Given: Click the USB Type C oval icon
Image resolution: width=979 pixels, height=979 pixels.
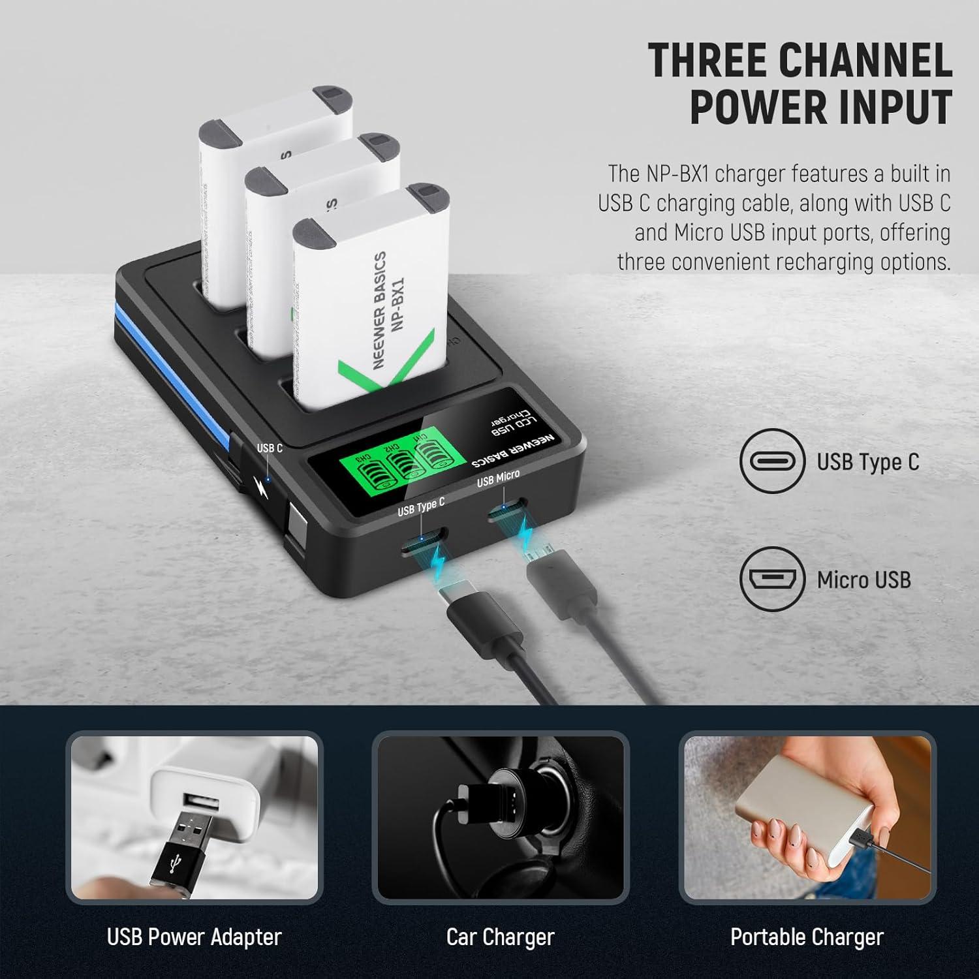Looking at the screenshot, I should click(x=772, y=461).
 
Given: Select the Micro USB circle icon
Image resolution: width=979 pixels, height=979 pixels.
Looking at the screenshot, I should click(x=772, y=579).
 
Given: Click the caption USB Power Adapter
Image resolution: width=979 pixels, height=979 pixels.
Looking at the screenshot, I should click(x=194, y=937).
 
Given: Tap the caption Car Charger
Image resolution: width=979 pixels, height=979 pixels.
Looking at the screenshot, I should click(x=500, y=937).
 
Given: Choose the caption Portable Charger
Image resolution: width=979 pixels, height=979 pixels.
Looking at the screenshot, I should click(x=807, y=937).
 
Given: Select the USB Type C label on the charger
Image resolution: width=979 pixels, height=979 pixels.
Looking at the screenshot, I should click(x=421, y=506).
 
